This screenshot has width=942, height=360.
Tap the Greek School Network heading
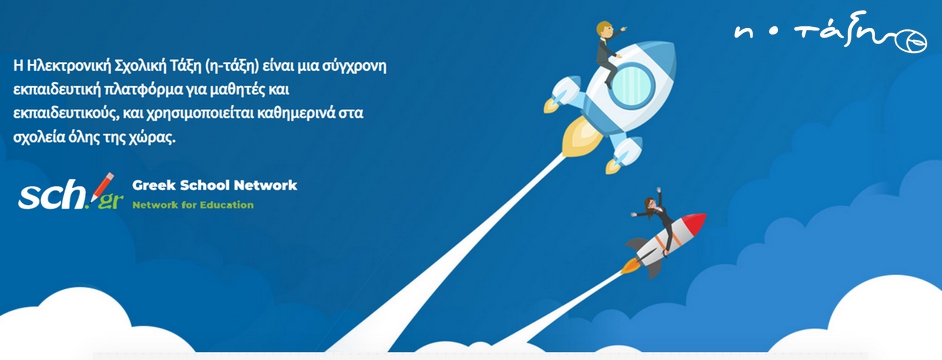[x=214, y=185]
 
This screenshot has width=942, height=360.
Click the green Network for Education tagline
[x=193, y=205]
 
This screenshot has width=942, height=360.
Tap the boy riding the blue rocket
[x=609, y=52]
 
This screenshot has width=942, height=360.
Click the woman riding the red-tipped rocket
[x=655, y=218]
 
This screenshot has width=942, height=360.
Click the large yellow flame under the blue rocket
[x=581, y=137]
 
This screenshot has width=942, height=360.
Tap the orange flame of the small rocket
[x=631, y=265]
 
